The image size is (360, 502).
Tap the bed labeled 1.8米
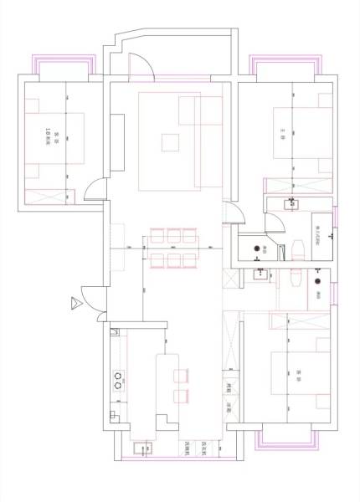(55, 139)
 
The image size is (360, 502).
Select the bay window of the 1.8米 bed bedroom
(60, 65)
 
